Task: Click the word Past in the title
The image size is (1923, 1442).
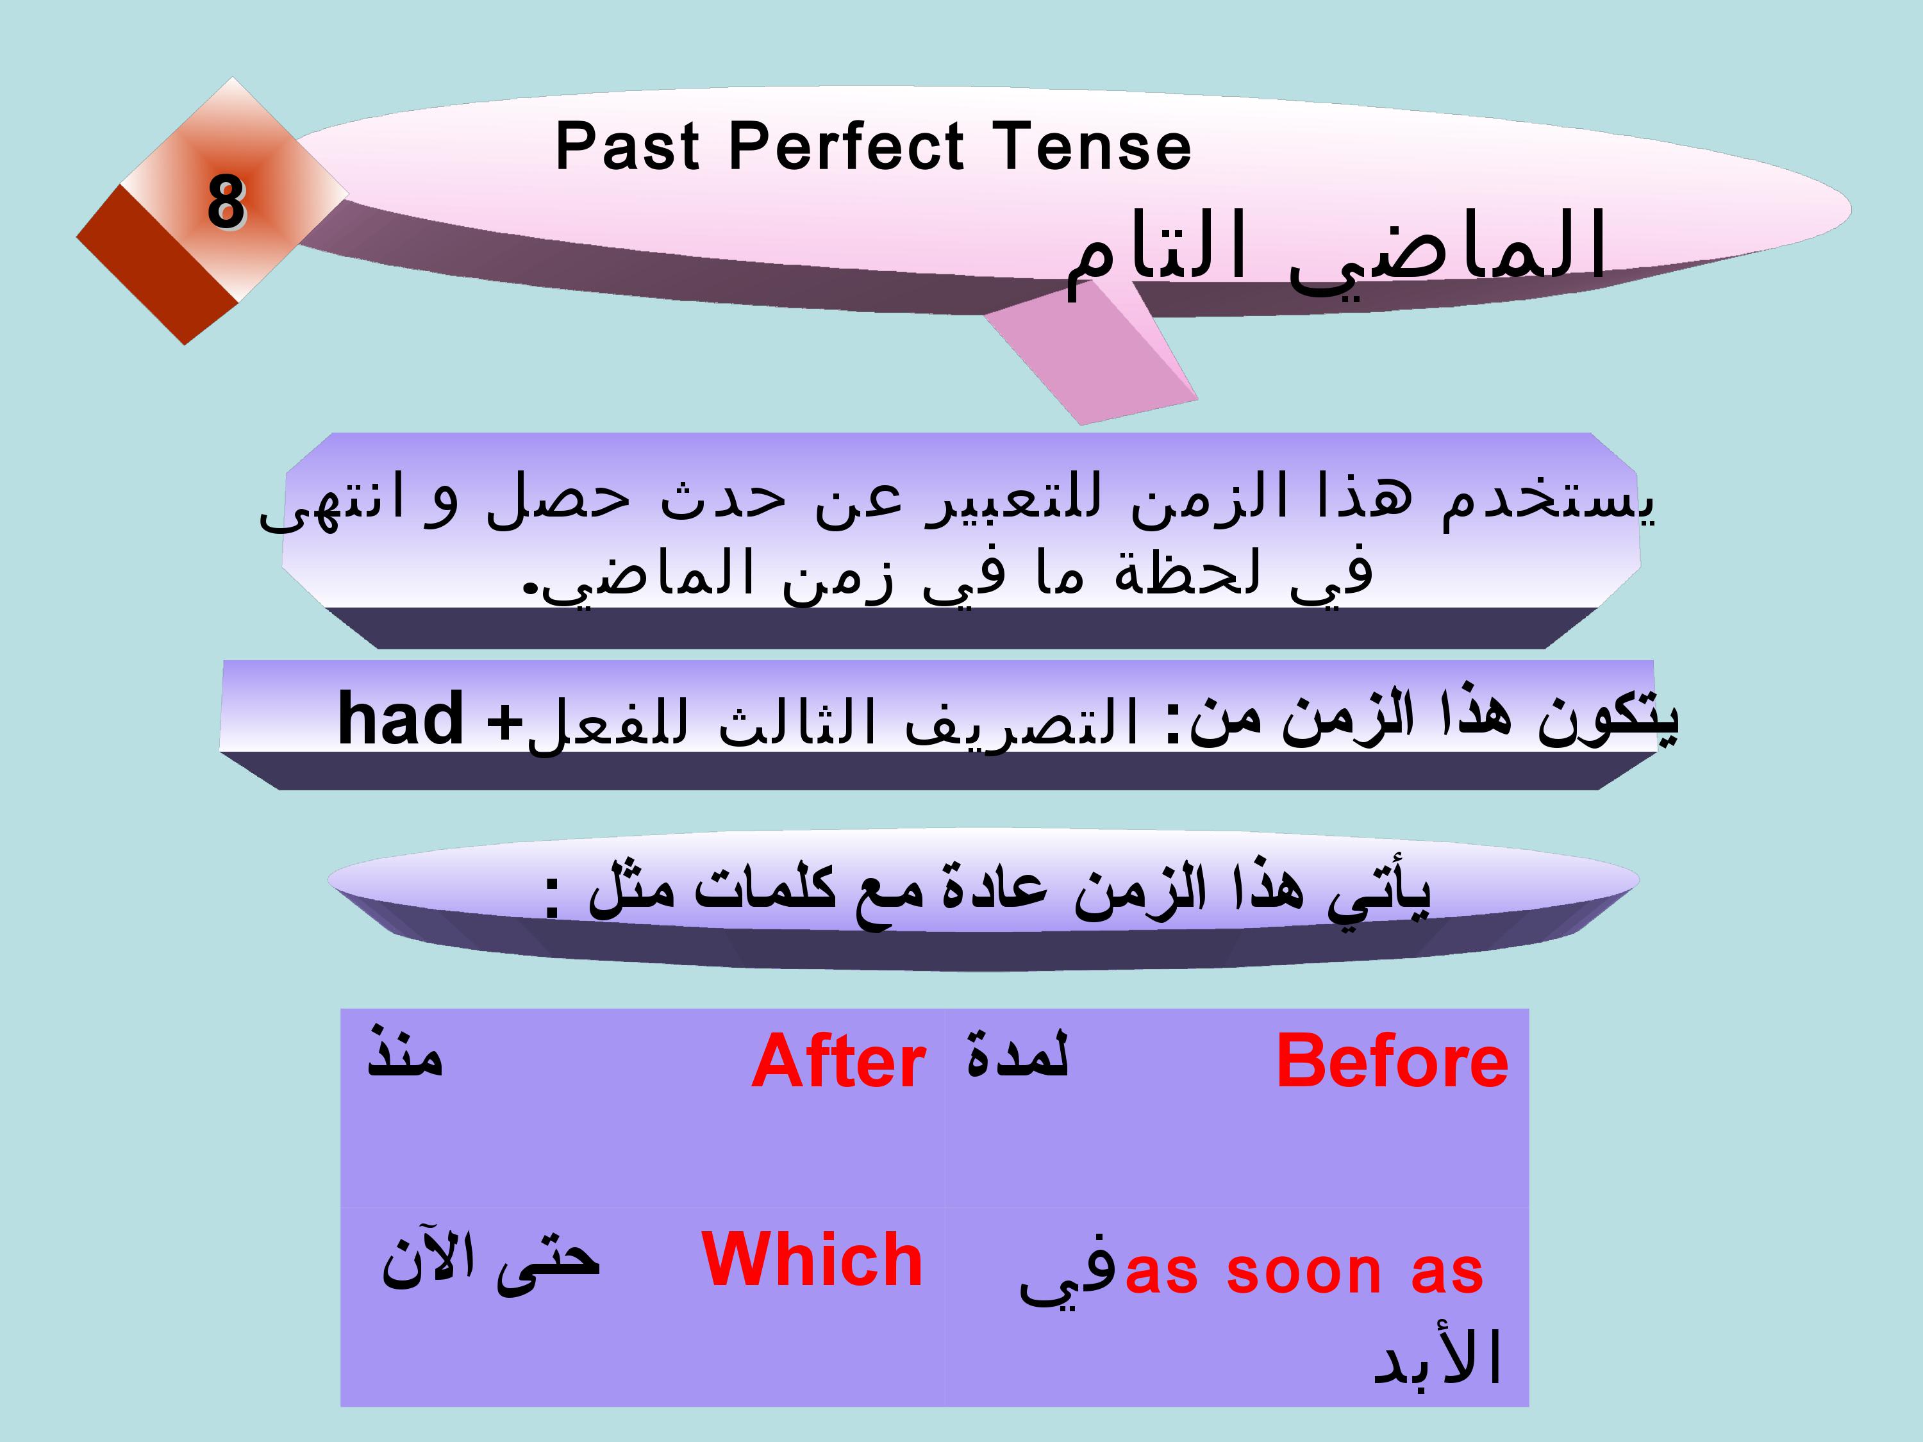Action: (627, 146)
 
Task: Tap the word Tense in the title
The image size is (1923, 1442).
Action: (1091, 146)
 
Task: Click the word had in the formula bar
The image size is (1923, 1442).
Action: (400, 718)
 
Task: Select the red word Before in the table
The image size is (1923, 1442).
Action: (1392, 1061)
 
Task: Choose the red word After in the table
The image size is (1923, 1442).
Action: (838, 1061)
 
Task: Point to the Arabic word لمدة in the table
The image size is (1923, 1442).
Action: (1017, 1054)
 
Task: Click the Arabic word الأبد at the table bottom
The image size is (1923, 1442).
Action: (1437, 1356)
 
